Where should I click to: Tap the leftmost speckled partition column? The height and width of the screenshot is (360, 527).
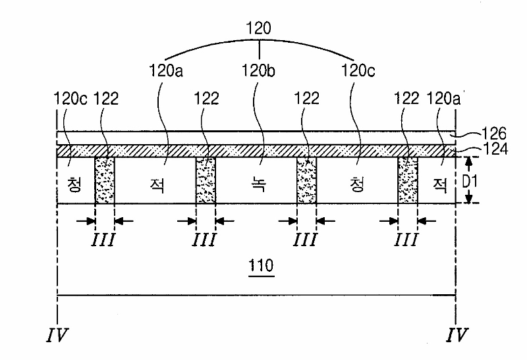(105, 180)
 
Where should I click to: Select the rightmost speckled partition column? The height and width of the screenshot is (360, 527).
(408, 180)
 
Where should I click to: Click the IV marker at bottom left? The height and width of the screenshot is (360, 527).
(57, 335)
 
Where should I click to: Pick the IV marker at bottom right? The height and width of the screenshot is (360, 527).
(456, 335)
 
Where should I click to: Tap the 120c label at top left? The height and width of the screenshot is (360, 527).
(69, 99)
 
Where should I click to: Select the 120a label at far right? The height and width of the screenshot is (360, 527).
(444, 99)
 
